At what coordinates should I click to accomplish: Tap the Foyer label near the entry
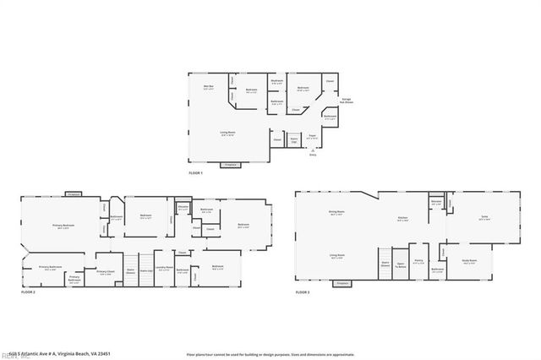point(311,136)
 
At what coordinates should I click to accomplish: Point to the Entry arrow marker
point(313,150)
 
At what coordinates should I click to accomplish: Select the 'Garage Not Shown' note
point(346,101)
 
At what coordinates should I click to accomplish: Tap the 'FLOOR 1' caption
point(195,173)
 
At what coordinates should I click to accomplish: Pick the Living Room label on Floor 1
point(227,134)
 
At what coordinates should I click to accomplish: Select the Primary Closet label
point(106,272)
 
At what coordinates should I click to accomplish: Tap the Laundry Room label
point(164,268)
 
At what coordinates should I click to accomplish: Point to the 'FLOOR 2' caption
point(28,292)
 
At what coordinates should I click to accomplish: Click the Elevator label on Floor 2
point(183,208)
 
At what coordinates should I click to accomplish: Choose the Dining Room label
point(336,213)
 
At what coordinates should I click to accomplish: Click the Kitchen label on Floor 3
point(403,219)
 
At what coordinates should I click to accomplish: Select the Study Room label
point(470,261)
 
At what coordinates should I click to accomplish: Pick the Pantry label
point(418,262)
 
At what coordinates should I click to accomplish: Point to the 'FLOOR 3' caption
point(303,292)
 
